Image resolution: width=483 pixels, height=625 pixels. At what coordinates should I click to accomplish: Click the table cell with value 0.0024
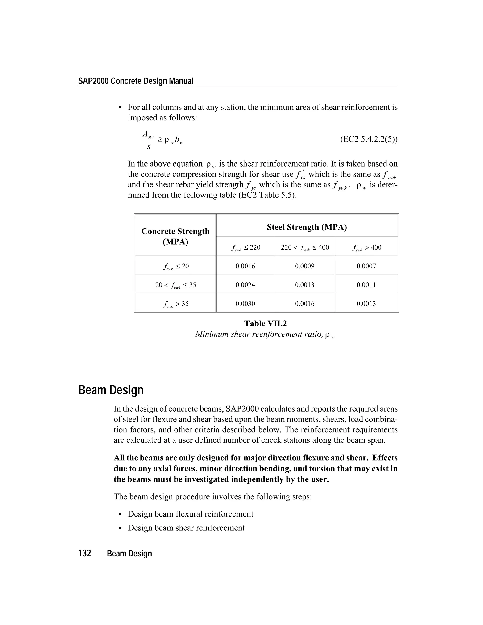(245, 285)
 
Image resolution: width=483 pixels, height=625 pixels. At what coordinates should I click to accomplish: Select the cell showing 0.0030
(245, 304)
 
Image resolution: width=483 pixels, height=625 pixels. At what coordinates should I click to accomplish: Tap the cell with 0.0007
(366, 266)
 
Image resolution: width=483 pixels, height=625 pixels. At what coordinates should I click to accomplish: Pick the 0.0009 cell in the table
(304, 266)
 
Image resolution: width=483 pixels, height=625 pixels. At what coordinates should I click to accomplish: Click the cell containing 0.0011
(366, 285)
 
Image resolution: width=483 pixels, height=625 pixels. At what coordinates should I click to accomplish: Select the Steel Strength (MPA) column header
(307, 227)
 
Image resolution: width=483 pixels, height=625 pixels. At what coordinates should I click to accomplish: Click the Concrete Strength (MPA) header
(175, 236)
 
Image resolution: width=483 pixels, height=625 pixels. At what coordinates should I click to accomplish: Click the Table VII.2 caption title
(265, 323)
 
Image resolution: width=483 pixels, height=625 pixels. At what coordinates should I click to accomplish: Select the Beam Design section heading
(111, 390)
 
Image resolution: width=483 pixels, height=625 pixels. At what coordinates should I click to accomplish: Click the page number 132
(85, 554)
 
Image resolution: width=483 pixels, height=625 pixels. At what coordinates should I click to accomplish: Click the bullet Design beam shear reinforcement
(186, 528)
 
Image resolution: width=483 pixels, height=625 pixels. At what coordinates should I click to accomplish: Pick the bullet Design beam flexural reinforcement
(190, 514)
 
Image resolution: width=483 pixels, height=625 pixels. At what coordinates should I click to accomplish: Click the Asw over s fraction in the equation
(149, 140)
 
